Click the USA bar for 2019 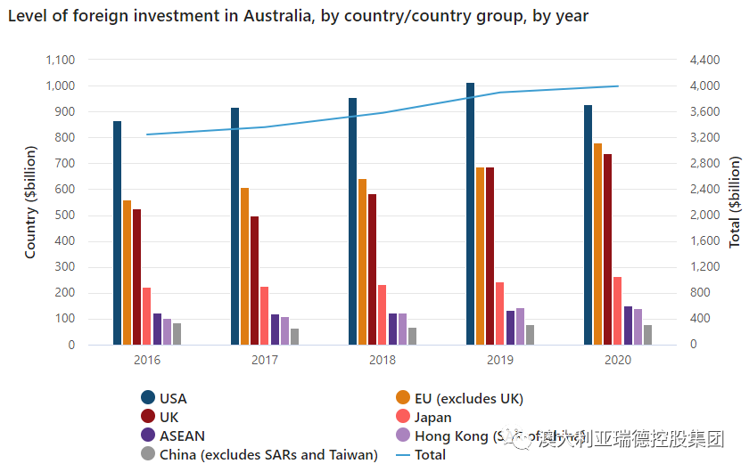pyautogui.click(x=471, y=214)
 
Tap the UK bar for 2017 pyautogui.click(x=255, y=281)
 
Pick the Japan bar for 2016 pyautogui.click(x=147, y=316)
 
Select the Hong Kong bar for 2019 pyautogui.click(x=520, y=326)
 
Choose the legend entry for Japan pyautogui.click(x=432, y=417)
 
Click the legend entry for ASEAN pyautogui.click(x=182, y=435)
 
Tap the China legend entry pyautogui.click(x=267, y=455)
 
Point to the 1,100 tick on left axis pyautogui.click(x=61, y=60)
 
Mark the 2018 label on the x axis pyautogui.click(x=383, y=360)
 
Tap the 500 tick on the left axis pyautogui.click(x=64, y=216)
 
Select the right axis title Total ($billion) pyautogui.click(x=736, y=202)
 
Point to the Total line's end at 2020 pyautogui.click(x=618, y=86)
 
